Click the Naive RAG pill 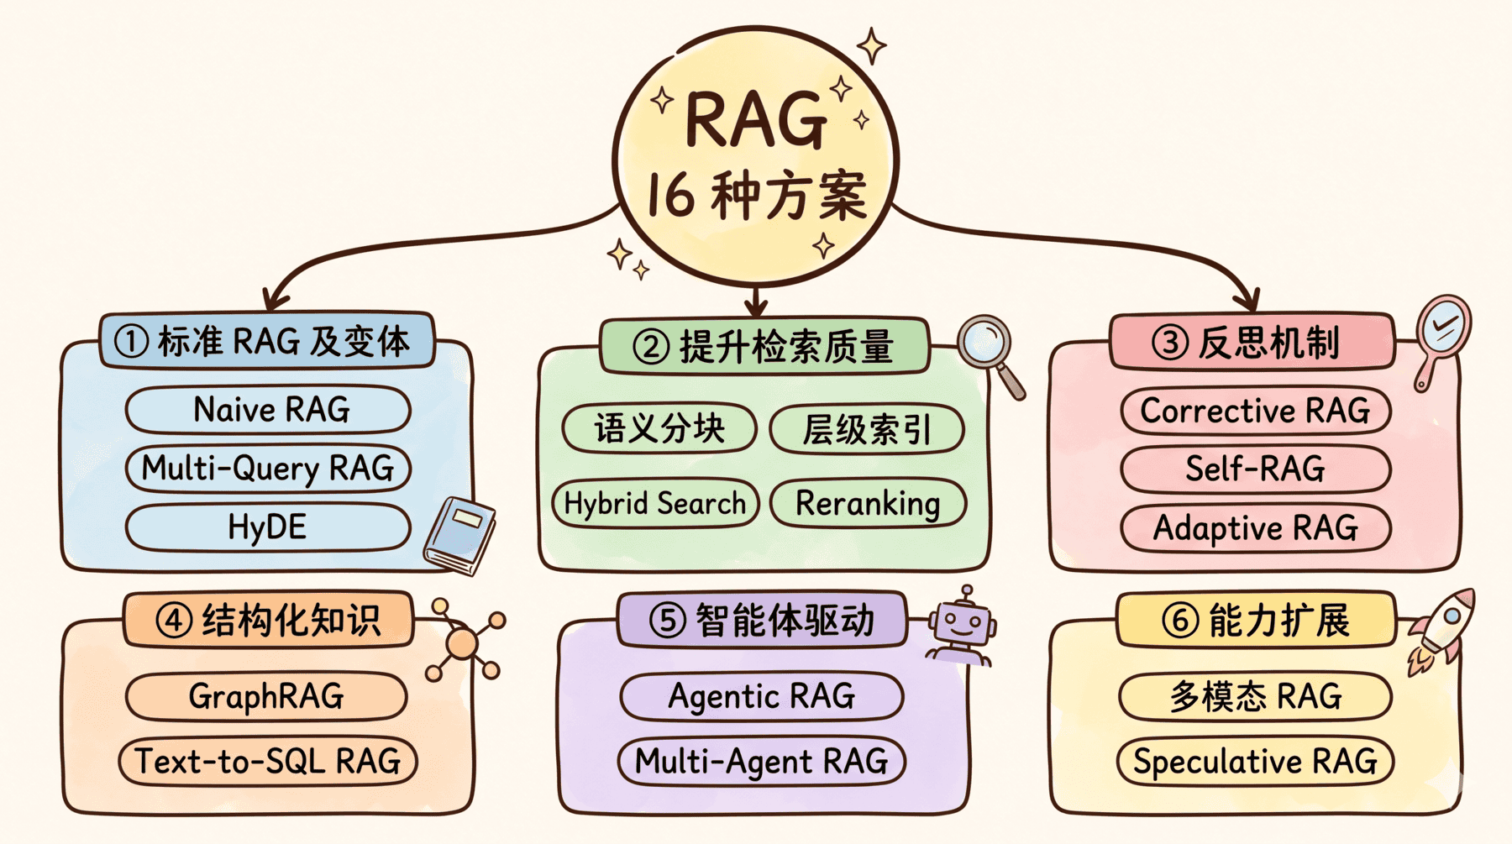coord(269,410)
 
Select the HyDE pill coord(269,527)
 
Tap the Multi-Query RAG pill coord(269,468)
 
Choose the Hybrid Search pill coord(655,503)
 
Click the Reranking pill coord(868,503)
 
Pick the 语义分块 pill coord(659,428)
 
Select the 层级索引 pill coord(867,428)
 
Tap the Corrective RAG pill coord(1255,411)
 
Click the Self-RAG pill coord(1255,469)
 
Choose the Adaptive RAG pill coord(1255,527)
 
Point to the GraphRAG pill coord(266,696)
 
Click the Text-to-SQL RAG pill coord(268,761)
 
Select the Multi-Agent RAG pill coord(761,761)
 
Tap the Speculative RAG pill coord(1255,761)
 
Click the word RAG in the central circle coord(755,120)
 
